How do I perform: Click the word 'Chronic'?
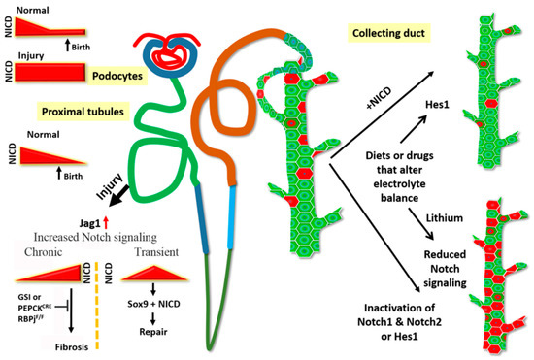[x=37, y=251]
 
